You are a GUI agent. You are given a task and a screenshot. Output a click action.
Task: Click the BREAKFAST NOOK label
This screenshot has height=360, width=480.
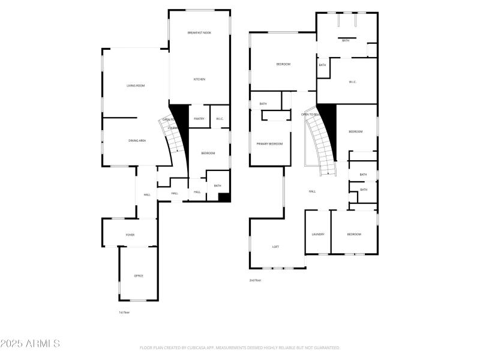199,32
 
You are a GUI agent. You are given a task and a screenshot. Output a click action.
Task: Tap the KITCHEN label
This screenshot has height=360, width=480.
199,79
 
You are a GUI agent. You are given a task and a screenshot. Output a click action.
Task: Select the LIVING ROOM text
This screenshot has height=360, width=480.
136,86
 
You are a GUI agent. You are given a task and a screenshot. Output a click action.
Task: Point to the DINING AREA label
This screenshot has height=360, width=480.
137,140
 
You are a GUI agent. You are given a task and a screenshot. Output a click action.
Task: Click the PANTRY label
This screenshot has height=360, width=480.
199,119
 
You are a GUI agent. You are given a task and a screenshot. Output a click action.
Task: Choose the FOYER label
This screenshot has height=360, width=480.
130,235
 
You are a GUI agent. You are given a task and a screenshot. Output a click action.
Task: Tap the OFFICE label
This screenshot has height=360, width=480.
139,275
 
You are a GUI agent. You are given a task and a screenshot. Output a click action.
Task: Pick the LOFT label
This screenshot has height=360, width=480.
275,247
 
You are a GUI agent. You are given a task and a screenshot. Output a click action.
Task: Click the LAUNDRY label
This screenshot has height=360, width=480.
318,234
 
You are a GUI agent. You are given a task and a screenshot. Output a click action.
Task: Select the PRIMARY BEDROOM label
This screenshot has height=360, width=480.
269,144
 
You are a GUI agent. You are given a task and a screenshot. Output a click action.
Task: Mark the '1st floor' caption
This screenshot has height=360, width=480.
124,312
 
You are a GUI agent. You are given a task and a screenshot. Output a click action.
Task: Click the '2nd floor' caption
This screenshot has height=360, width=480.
255,280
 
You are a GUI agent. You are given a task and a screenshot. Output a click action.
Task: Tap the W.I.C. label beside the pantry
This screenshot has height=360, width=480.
220,119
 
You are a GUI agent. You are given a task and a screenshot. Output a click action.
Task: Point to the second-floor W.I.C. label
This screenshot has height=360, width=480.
353,82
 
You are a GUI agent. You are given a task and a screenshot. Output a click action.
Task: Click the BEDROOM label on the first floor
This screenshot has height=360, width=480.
208,154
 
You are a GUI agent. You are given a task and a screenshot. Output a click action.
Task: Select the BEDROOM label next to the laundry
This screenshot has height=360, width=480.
354,234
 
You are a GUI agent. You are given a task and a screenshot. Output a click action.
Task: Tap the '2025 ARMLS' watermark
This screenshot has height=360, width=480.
30,344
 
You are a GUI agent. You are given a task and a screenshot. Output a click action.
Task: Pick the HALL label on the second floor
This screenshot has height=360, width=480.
312,191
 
